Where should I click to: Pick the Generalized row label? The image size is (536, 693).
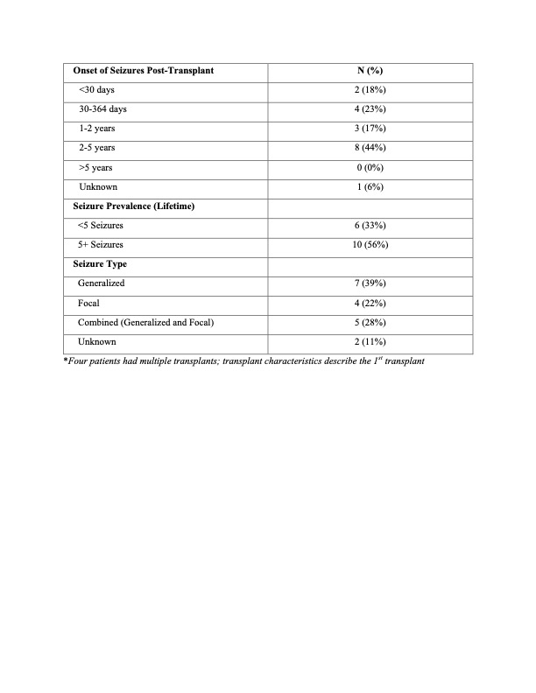(102, 283)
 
